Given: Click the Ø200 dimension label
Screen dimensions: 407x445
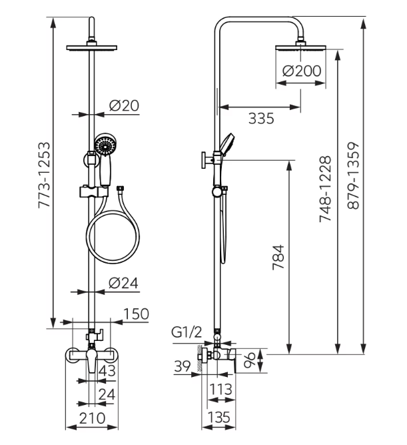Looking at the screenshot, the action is (x=302, y=71).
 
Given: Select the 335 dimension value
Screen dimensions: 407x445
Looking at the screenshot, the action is (x=261, y=118).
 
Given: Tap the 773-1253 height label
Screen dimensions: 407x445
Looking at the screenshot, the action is (x=45, y=175).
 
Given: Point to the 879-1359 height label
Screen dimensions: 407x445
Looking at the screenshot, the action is (x=353, y=176).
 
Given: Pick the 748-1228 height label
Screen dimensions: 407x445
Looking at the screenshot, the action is (x=325, y=189).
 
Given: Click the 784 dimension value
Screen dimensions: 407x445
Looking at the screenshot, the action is (x=278, y=257).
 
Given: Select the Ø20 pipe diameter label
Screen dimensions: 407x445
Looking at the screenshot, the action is (x=124, y=106).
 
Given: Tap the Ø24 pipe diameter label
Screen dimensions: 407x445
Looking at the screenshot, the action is (x=123, y=283).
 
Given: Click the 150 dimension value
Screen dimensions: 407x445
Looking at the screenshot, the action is (x=136, y=314).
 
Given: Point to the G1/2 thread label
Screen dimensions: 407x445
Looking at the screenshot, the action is (x=187, y=332).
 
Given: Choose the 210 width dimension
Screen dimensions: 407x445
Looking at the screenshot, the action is (x=92, y=418).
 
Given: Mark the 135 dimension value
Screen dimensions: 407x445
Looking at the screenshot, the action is (x=218, y=417).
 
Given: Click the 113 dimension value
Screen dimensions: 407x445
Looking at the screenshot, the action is (x=220, y=389).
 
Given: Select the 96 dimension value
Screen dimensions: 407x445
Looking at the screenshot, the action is (x=250, y=360).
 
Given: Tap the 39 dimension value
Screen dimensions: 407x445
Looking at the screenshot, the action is (x=183, y=366).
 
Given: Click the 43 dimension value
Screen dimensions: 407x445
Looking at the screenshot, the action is (x=107, y=371).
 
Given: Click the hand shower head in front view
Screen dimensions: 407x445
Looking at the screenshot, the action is (x=105, y=145).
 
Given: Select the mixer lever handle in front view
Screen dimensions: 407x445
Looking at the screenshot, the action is (x=92, y=360).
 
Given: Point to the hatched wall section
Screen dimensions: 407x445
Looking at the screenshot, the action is (x=199, y=358).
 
